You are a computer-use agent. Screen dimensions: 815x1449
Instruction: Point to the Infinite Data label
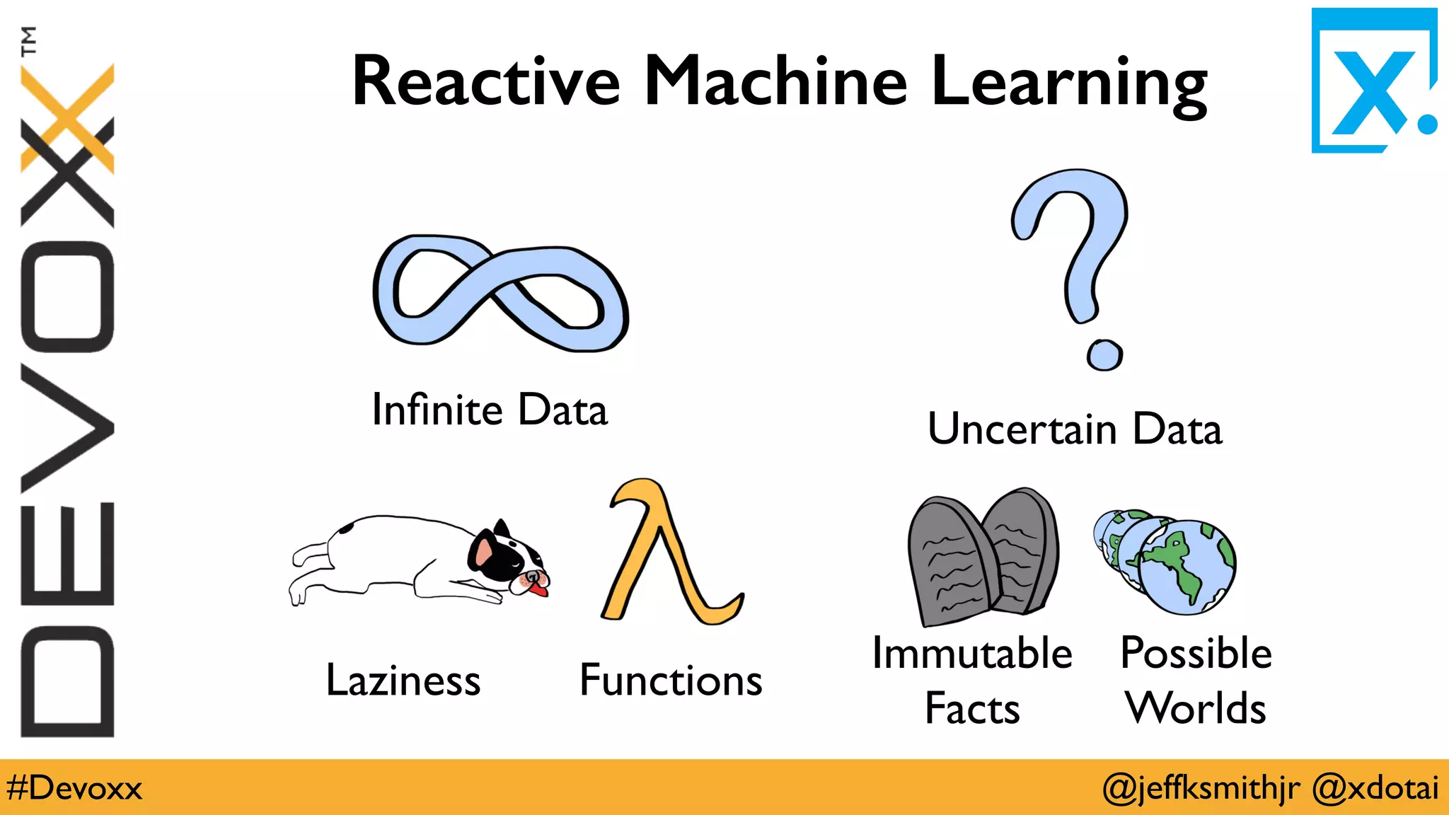(x=490, y=410)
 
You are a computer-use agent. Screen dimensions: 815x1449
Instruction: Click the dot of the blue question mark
(x=1104, y=354)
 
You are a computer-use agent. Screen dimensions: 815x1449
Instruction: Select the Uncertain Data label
(x=1075, y=429)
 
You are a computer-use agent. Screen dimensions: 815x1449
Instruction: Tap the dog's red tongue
(x=539, y=589)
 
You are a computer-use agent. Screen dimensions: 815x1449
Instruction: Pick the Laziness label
(x=403, y=681)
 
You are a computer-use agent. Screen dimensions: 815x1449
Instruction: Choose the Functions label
(x=671, y=681)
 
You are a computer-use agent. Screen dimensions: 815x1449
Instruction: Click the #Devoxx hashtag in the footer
(x=74, y=788)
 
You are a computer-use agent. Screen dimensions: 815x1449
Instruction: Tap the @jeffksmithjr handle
(x=1201, y=788)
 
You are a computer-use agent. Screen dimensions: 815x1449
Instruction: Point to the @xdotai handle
(x=1375, y=788)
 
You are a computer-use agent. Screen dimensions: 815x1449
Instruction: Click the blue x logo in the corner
(x=1373, y=81)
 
